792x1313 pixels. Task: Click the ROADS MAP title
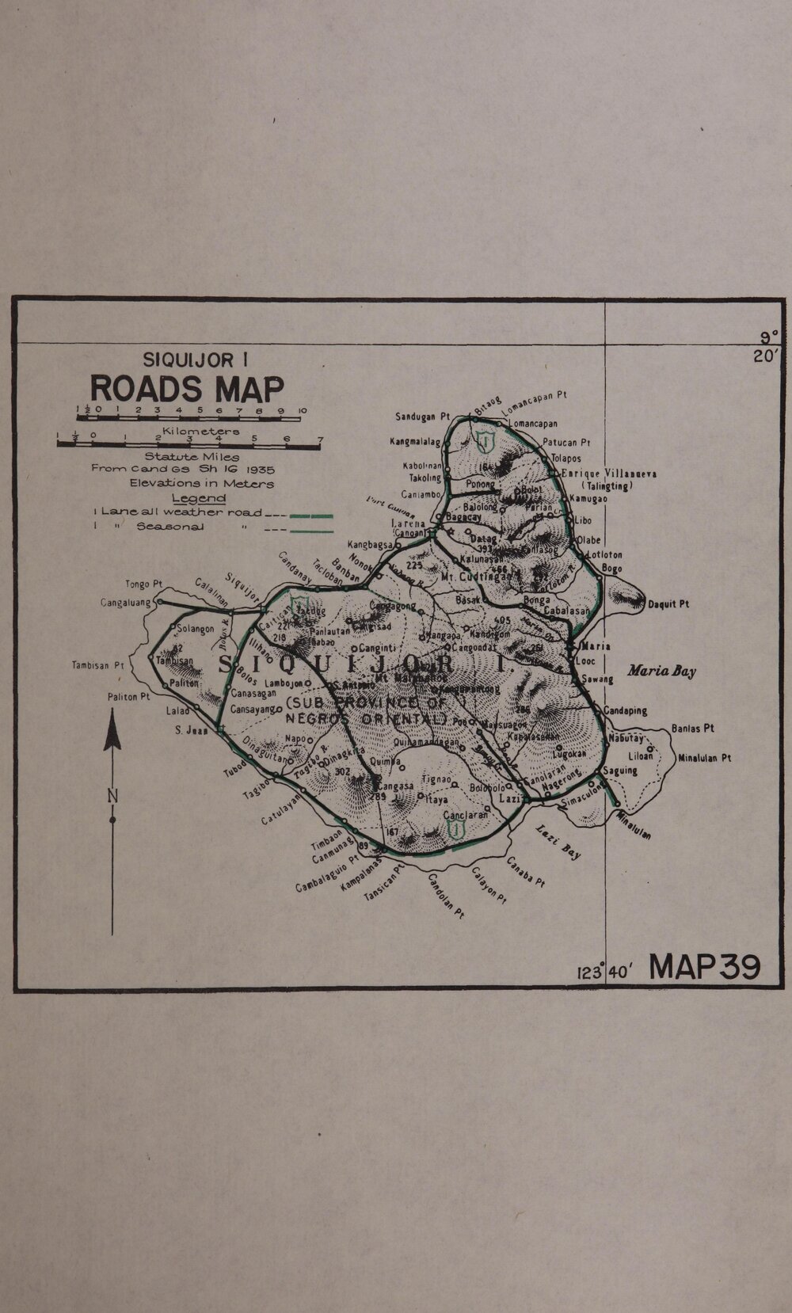coord(187,389)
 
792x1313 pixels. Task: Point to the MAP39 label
coord(704,967)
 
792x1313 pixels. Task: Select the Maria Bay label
coord(661,672)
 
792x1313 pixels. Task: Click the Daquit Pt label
coord(668,604)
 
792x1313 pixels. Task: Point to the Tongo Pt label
coord(143,584)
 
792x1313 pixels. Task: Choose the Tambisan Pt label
coord(97,665)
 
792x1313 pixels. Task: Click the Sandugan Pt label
coord(422,417)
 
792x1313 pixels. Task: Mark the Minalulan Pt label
coord(704,757)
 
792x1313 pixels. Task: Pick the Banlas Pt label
coord(693,728)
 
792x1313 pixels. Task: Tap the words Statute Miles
coord(191,456)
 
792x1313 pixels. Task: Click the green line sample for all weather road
coord(310,515)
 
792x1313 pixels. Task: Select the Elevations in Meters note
coord(202,483)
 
